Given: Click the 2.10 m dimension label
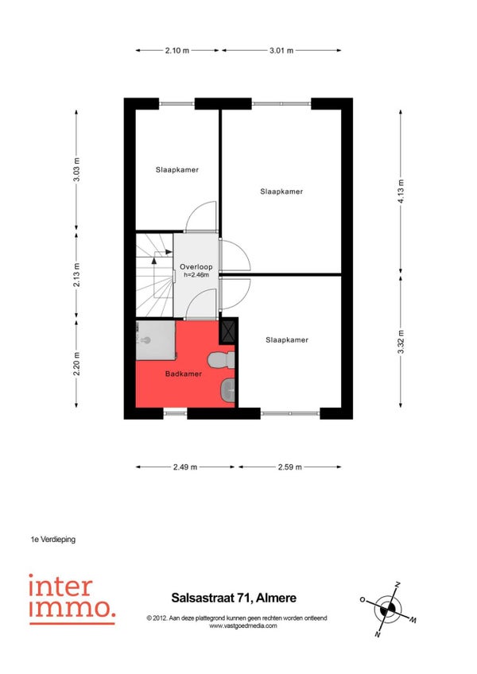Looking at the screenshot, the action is coord(176,50).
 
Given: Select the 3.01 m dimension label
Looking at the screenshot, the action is coord(281,50).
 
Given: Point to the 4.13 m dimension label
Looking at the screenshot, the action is coord(401,192).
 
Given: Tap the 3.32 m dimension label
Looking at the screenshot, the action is coord(401,342).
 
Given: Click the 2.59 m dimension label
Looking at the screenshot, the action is coord(290,467).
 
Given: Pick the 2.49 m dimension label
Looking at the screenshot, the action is coord(185,467).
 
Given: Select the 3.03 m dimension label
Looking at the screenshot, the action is coord(76,170).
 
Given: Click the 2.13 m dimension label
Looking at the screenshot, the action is coord(76,275).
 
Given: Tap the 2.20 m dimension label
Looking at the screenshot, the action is coord(76,364).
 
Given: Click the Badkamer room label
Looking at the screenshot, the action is coord(184,374).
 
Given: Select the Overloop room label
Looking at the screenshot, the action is coord(196,267).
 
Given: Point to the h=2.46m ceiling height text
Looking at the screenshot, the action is coord(196,275).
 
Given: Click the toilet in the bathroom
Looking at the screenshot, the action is coord(221,360).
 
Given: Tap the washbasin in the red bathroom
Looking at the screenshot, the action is coord(227,390).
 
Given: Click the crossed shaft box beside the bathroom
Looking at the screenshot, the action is coord(227,331).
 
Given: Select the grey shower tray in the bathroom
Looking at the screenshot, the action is coord(156,340).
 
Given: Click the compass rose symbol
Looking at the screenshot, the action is coord(389,609).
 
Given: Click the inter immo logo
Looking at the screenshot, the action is coord(72,599).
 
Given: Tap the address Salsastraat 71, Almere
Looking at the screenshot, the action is coord(234,598).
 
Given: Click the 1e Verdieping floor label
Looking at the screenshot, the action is coord(53,539).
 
